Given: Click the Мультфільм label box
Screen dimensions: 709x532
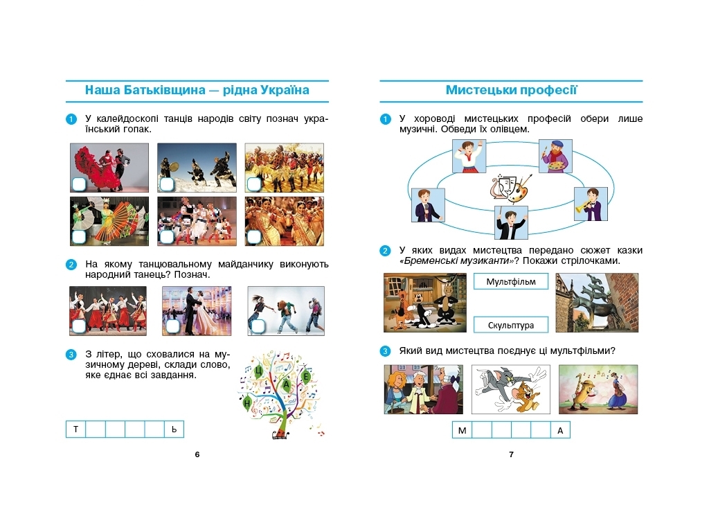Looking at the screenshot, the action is pyautogui.click(x=510, y=281).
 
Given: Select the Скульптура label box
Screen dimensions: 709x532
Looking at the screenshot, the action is pyautogui.click(x=510, y=325).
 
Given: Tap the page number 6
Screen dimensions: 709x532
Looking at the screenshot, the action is pyautogui.click(x=197, y=454).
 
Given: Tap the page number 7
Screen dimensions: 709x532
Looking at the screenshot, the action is pyautogui.click(x=512, y=454).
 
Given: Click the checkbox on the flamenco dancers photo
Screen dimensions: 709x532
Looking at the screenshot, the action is pyautogui.click(x=79, y=184).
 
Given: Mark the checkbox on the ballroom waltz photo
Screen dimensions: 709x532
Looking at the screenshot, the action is pyautogui.click(x=172, y=326).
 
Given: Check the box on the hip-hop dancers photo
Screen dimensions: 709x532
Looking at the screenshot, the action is pyautogui.click(x=258, y=326).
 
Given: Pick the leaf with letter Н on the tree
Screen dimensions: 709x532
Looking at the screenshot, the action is pyautogui.click(x=247, y=402).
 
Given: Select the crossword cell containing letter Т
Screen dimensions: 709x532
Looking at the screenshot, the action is pyautogui.click(x=76, y=429).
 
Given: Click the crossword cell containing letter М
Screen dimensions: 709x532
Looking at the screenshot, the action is pyautogui.click(x=462, y=429).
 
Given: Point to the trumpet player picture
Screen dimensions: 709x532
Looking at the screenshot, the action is pyautogui.click(x=591, y=204).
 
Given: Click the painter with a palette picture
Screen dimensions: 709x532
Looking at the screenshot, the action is pyautogui.click(x=555, y=156).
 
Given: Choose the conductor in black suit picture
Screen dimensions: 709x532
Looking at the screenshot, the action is pyautogui.click(x=511, y=222).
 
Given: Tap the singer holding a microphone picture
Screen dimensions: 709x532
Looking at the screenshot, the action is pyautogui.click(x=428, y=205).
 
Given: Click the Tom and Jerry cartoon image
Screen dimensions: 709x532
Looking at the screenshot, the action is pyautogui.click(x=510, y=389).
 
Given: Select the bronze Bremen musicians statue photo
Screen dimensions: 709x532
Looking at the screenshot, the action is pyautogui.click(x=597, y=303).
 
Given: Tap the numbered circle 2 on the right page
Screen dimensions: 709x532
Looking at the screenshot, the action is pyautogui.click(x=385, y=251).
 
